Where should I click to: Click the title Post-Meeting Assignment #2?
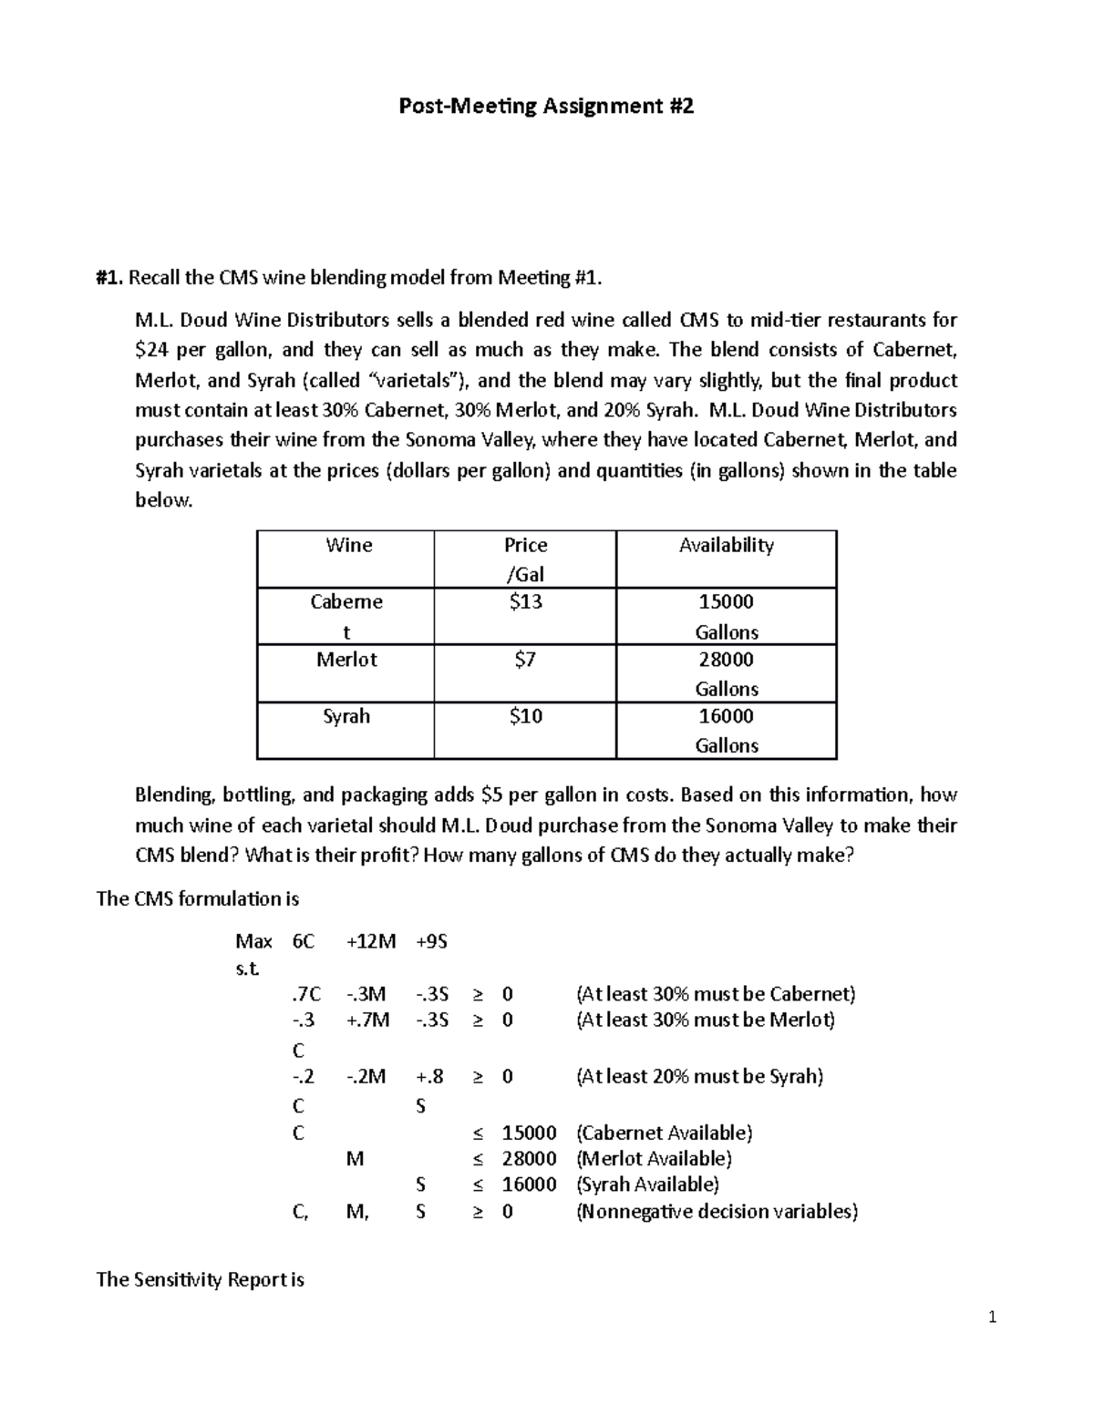click(546, 107)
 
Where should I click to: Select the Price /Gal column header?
click(525, 559)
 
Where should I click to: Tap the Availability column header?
click(726, 545)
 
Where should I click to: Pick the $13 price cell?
click(525, 602)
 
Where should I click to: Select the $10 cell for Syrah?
click(525, 716)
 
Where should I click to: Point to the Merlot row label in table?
click(346, 660)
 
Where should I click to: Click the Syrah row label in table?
click(346, 716)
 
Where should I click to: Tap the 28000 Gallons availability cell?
click(726, 673)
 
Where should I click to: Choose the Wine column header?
click(348, 545)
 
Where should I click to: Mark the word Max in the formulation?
click(253, 941)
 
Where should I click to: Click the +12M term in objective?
click(371, 941)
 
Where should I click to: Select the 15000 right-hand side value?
click(529, 1133)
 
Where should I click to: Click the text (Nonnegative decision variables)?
click(717, 1212)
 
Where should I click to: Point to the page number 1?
click(993, 1318)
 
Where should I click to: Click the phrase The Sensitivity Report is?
click(200, 1279)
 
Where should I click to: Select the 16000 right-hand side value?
click(529, 1184)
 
